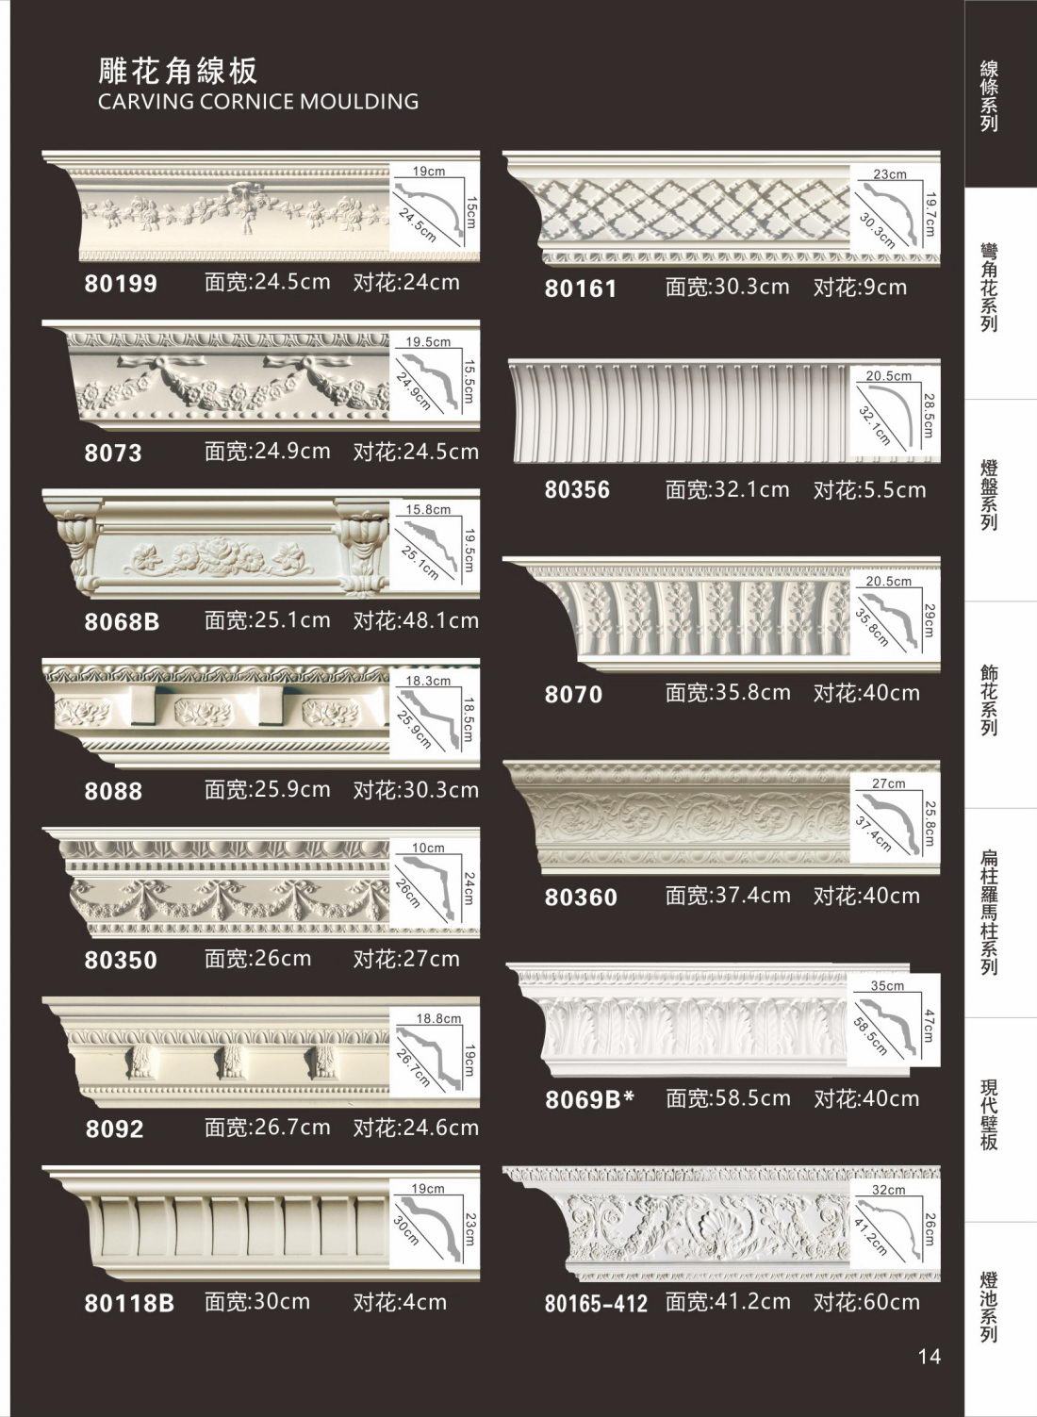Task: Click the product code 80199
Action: click(x=121, y=283)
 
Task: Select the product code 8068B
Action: click(x=122, y=621)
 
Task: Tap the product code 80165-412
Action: click(x=596, y=1304)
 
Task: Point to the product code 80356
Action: click(x=577, y=490)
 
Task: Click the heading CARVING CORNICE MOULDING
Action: click(x=258, y=102)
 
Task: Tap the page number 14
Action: click(x=929, y=1357)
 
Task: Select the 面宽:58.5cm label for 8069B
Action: click(x=728, y=1098)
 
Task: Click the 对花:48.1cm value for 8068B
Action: click(x=416, y=621)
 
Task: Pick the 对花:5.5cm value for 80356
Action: click(x=869, y=490)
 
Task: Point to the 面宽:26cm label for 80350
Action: click(x=257, y=959)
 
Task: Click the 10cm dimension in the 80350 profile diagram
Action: click(x=427, y=848)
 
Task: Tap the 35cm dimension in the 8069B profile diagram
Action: click(x=886, y=986)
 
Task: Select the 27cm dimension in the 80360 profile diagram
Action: click(x=888, y=783)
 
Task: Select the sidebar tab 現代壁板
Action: click(x=989, y=1114)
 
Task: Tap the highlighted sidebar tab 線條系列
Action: click(x=989, y=96)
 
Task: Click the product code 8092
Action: click(x=114, y=1129)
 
